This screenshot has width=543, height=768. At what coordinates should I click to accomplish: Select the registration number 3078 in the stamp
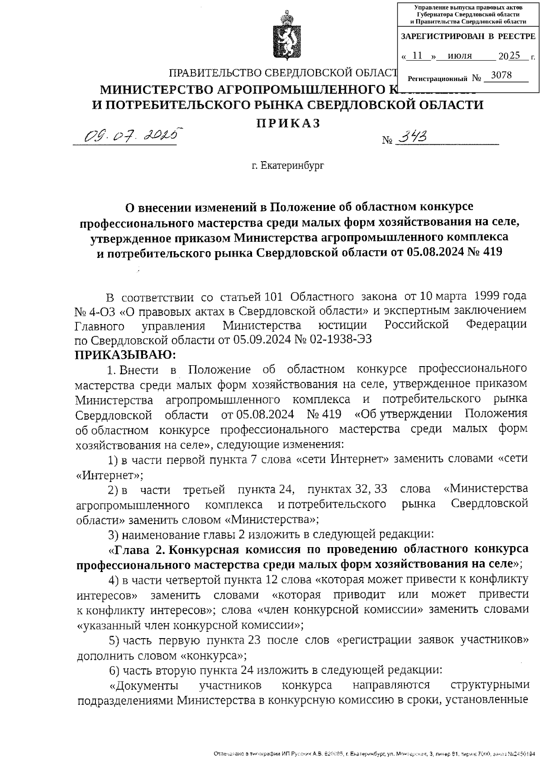tap(501, 76)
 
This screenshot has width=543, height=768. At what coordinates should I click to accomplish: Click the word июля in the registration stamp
tap(459, 56)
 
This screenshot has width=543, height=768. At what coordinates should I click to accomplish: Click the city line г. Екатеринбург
tap(288, 166)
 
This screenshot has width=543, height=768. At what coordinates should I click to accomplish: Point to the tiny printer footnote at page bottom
tap(376, 754)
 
